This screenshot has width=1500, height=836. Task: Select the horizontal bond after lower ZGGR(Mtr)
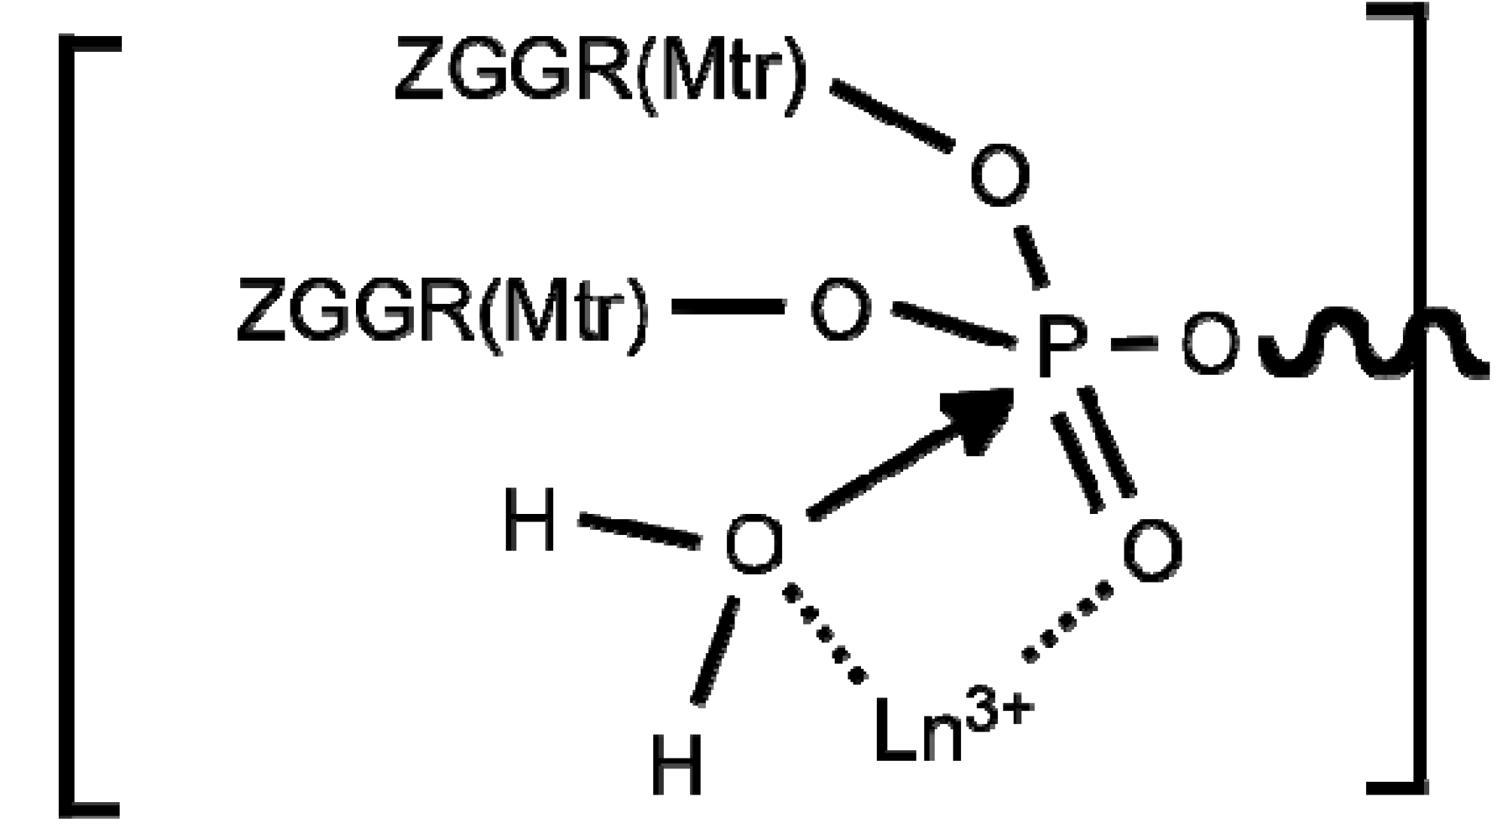(728, 307)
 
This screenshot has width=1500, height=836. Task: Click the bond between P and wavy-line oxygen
(1135, 343)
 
